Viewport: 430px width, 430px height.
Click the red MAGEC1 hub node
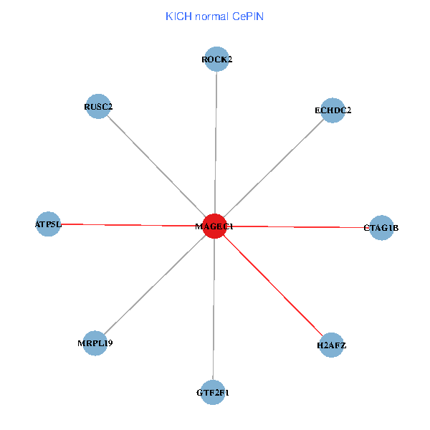[215, 226]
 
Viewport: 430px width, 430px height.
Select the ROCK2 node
[216, 59]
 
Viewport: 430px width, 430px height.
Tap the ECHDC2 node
[333, 110]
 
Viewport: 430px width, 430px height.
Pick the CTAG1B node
[381, 228]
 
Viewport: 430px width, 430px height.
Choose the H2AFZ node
[331, 345]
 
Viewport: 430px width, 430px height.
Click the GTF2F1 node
[213, 393]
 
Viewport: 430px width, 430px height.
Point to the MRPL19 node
[95, 343]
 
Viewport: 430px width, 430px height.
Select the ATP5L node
[48, 224]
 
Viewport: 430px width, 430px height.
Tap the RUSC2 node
[97, 107]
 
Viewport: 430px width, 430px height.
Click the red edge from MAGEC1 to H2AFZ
[273, 286]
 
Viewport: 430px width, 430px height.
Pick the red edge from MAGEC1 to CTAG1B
[297, 227]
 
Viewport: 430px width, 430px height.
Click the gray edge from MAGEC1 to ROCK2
[216, 143]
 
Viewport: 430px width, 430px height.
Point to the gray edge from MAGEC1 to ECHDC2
[274, 168]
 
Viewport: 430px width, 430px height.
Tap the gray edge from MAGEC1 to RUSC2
[156, 166]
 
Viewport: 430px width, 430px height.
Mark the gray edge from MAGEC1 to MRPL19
[155, 285]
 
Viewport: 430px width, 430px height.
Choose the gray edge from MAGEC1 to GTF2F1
[214, 310]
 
